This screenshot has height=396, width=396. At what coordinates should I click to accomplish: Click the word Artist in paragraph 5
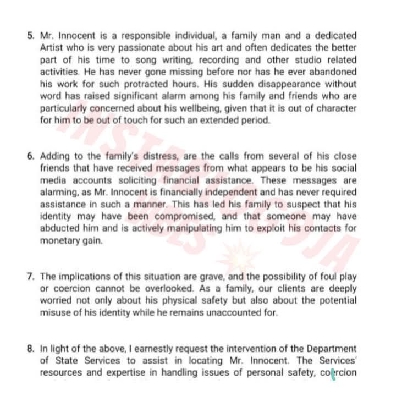52,48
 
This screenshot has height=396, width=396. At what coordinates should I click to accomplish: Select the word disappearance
287,84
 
